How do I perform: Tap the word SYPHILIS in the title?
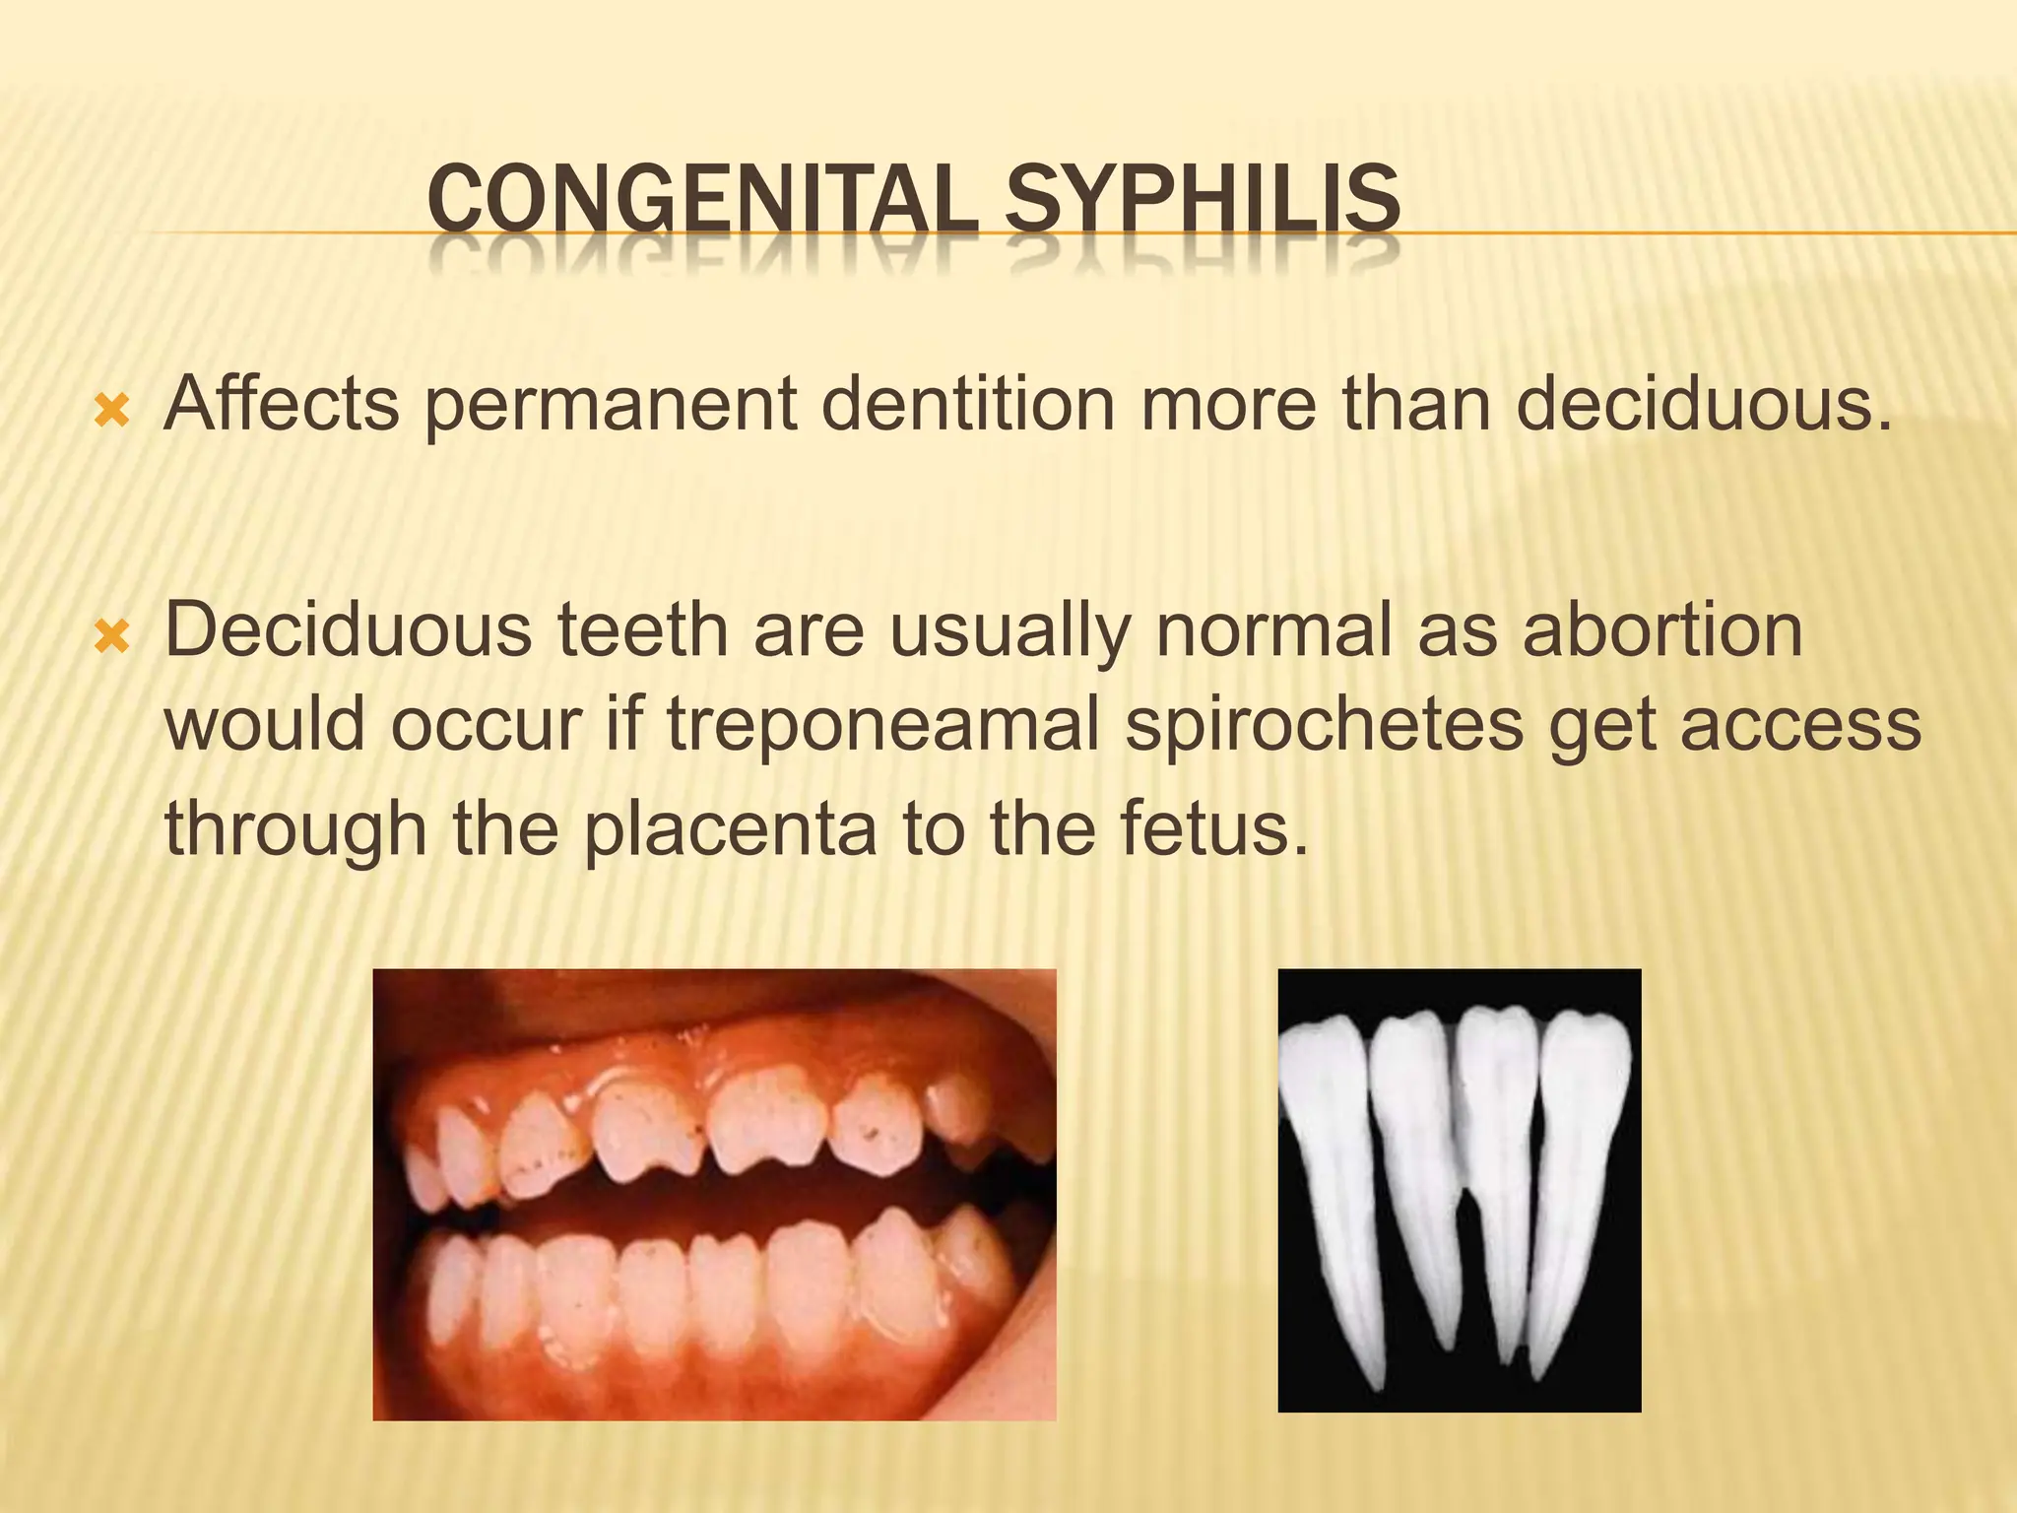click(1202, 201)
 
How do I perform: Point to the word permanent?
click(611, 406)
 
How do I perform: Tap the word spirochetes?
click(1324, 727)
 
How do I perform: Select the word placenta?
click(730, 829)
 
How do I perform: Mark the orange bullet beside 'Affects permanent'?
click(111, 410)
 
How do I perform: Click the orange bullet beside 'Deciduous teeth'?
click(111, 636)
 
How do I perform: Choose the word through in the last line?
click(295, 829)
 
